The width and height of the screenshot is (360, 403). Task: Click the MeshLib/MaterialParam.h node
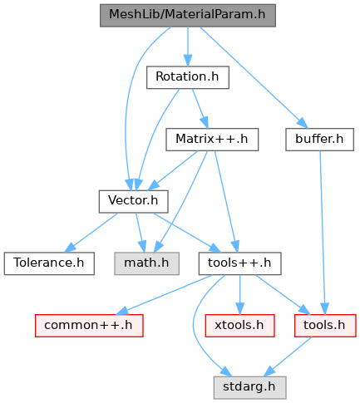click(x=188, y=15)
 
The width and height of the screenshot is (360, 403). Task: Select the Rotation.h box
click(x=188, y=77)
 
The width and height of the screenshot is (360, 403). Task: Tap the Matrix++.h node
click(x=212, y=140)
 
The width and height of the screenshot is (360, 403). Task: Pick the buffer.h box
click(x=319, y=140)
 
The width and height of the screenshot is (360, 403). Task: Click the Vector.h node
click(x=133, y=201)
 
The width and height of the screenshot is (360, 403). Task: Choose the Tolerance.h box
click(x=49, y=263)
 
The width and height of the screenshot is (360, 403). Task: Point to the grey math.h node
click(x=146, y=263)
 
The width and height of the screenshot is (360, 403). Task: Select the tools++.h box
click(x=239, y=263)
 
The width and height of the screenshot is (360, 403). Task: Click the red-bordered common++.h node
click(x=89, y=326)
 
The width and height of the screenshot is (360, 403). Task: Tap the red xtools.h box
click(x=239, y=326)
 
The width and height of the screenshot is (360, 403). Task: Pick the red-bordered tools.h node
click(x=325, y=326)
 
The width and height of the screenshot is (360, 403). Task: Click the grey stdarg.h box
click(x=249, y=387)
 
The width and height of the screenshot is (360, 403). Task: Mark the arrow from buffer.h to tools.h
click(x=323, y=233)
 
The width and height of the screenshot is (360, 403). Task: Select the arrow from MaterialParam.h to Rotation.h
click(x=188, y=47)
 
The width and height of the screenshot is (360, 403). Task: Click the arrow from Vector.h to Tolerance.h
click(x=91, y=233)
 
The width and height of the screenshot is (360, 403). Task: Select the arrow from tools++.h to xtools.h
click(x=239, y=295)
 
